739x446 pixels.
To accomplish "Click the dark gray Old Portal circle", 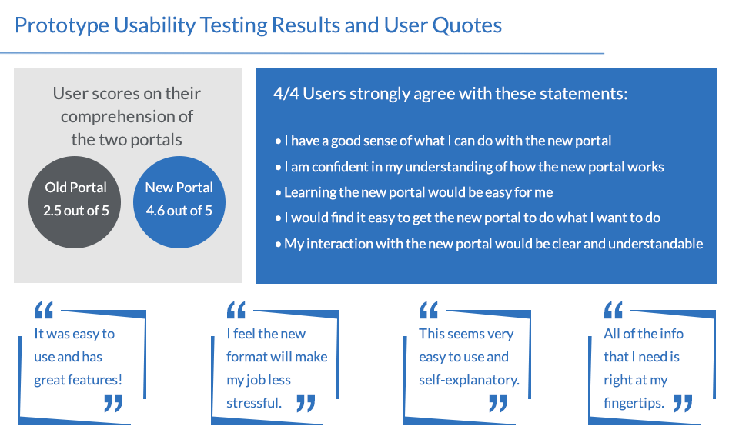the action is tap(75, 202).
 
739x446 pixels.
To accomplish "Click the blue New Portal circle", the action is tap(179, 202).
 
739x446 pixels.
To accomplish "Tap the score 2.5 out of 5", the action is tap(76, 211).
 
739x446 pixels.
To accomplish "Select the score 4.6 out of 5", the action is tap(179, 211).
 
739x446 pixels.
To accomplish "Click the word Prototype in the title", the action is tap(62, 25).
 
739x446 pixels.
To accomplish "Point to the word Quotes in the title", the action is tap(466, 25).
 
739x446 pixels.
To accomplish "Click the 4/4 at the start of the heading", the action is tap(286, 94).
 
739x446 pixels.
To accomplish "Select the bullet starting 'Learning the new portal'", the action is tap(414, 192).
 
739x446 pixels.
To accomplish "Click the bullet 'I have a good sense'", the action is tap(443, 141).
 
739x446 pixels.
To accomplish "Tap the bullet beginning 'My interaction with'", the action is tap(490, 244).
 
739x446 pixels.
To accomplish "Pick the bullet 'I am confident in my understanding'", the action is tap(470, 167).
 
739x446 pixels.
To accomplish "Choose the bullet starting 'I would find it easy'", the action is tap(467, 218).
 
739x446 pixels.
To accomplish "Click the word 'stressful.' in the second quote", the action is tap(254, 403).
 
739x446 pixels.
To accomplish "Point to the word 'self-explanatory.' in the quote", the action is tap(469, 380).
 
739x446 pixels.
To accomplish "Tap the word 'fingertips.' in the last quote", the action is tap(634, 403).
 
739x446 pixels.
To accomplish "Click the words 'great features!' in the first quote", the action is tap(78, 380).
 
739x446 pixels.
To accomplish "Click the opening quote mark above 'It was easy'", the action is tap(44, 310).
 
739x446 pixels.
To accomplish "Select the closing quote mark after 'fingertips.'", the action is tap(683, 404).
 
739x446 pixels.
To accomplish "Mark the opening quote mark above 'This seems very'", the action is tap(429, 310).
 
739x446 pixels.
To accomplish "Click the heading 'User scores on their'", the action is tap(127, 94).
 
